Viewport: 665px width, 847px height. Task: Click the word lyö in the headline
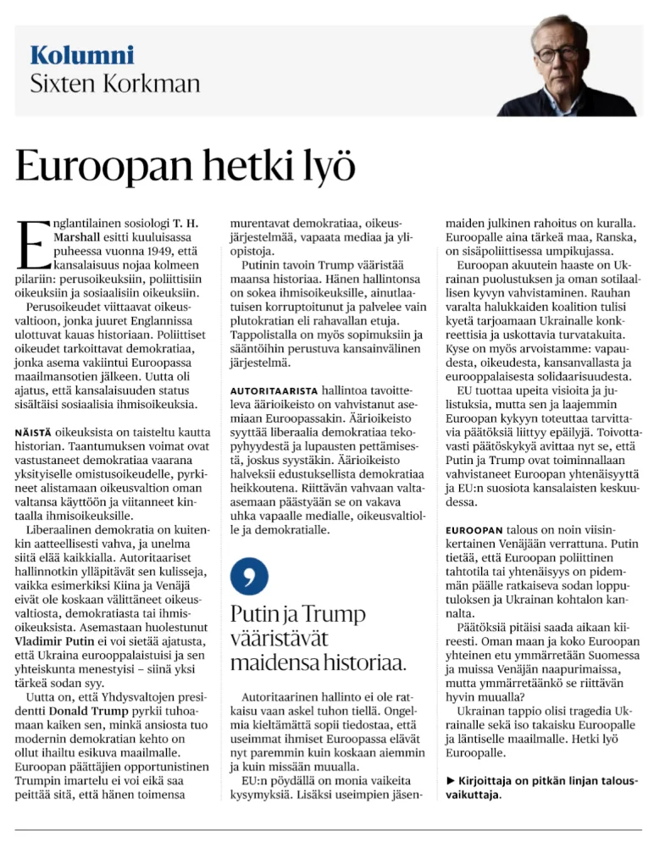(x=326, y=167)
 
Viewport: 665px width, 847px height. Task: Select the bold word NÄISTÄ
(x=38, y=408)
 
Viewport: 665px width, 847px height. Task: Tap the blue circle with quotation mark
(x=250, y=577)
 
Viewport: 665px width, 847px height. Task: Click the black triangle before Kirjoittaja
(x=451, y=779)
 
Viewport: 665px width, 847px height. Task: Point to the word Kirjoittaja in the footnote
(x=492, y=779)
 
